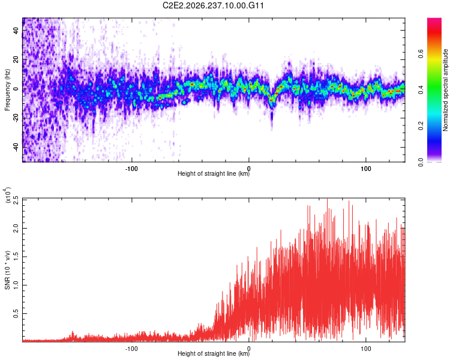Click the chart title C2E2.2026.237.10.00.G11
[213, 5]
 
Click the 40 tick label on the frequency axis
[16, 30]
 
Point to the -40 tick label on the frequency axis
[16, 147]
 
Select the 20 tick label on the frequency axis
[16, 59]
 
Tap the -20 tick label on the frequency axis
[16, 118]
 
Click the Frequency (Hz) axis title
[7, 90]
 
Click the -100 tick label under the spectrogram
[131, 169]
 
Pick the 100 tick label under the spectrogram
[365, 169]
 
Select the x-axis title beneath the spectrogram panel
[214, 173]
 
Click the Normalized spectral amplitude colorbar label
[445, 90]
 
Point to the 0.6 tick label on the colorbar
[421, 53]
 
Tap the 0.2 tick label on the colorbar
[421, 126]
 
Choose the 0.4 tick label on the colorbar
[421, 90]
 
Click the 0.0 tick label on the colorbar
[421, 162]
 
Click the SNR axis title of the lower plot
[7, 270]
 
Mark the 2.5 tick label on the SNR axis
[16, 200]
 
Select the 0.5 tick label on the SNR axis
[16, 313]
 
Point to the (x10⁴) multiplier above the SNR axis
[8, 195]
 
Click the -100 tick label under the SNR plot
[131, 349]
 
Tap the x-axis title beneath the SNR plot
[214, 353]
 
